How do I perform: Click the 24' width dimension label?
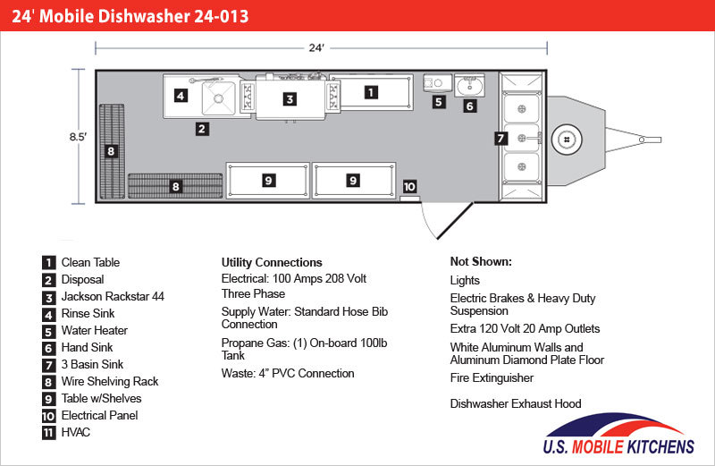click(316, 48)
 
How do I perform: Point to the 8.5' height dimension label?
click(78, 137)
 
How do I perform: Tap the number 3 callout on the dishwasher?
click(290, 99)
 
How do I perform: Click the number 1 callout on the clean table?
click(371, 93)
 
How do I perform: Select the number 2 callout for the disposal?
click(202, 129)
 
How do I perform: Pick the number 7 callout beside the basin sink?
click(500, 139)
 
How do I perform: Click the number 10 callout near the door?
click(409, 186)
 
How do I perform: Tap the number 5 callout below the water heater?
click(439, 102)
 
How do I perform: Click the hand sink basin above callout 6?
click(470, 85)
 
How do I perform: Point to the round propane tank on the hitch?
click(567, 140)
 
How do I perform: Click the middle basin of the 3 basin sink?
click(522, 138)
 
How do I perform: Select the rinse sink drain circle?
click(218, 98)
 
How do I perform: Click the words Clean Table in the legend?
click(90, 262)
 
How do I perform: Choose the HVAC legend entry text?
click(76, 432)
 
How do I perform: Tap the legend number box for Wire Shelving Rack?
click(49, 382)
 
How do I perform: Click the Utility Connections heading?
click(272, 262)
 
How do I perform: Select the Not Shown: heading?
click(481, 261)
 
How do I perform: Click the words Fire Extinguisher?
click(492, 378)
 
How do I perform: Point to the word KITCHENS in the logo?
click(660, 446)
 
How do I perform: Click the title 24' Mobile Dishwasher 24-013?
click(130, 16)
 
